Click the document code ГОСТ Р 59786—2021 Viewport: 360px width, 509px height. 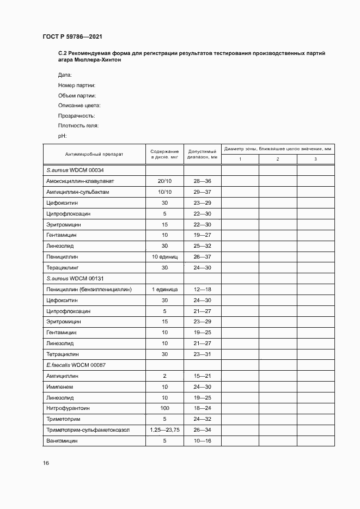72,36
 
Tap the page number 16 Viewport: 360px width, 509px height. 46,463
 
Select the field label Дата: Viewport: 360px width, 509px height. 65,75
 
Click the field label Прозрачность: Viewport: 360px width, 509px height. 76,115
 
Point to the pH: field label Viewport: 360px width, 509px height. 62,136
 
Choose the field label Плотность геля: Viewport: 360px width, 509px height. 78,126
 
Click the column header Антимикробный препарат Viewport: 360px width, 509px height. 94,154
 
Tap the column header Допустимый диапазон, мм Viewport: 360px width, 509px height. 202,154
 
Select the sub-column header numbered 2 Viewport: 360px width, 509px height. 278,159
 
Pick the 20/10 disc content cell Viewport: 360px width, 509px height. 164,181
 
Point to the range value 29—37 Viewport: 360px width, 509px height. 202,192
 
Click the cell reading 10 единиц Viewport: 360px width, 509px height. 164,256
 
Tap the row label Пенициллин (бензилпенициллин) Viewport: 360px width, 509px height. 89,289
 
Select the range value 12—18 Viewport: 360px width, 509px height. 202,289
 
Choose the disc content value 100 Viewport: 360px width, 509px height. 164,408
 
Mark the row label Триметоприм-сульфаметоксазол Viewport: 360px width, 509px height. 88,430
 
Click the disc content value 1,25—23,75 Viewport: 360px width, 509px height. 164,430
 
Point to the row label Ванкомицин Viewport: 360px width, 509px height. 63,441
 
